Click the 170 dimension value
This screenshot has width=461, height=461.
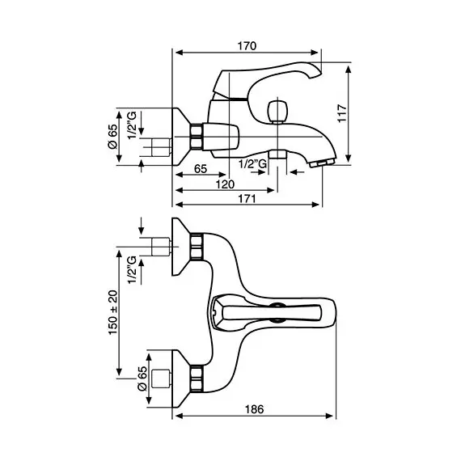pos(247,46)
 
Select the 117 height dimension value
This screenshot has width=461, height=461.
pos(342,113)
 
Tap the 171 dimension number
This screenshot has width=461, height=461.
pos(247,199)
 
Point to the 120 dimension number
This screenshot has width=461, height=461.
pos(225,184)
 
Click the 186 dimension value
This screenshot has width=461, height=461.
pos(254,409)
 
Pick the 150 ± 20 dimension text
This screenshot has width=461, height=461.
pos(113,312)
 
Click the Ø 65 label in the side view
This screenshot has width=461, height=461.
pos(113,137)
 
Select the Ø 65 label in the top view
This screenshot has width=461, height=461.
pos(142,379)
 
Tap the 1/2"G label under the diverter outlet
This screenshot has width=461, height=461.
pos(253,163)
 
